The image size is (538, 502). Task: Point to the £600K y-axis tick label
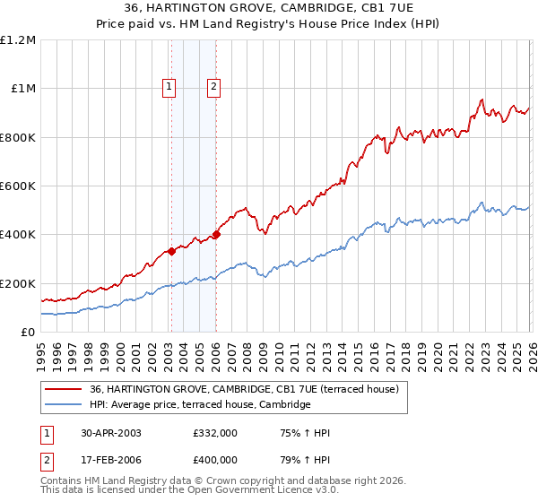[x=18, y=186]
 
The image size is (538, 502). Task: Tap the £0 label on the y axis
[x=29, y=333]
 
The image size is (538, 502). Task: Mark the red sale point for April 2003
[x=171, y=251]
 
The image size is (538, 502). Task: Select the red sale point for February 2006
[x=216, y=235]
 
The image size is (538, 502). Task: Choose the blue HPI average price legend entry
[x=199, y=405]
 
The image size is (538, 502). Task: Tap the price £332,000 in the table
[x=214, y=433]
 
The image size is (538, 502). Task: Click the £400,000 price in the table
[x=214, y=462]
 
